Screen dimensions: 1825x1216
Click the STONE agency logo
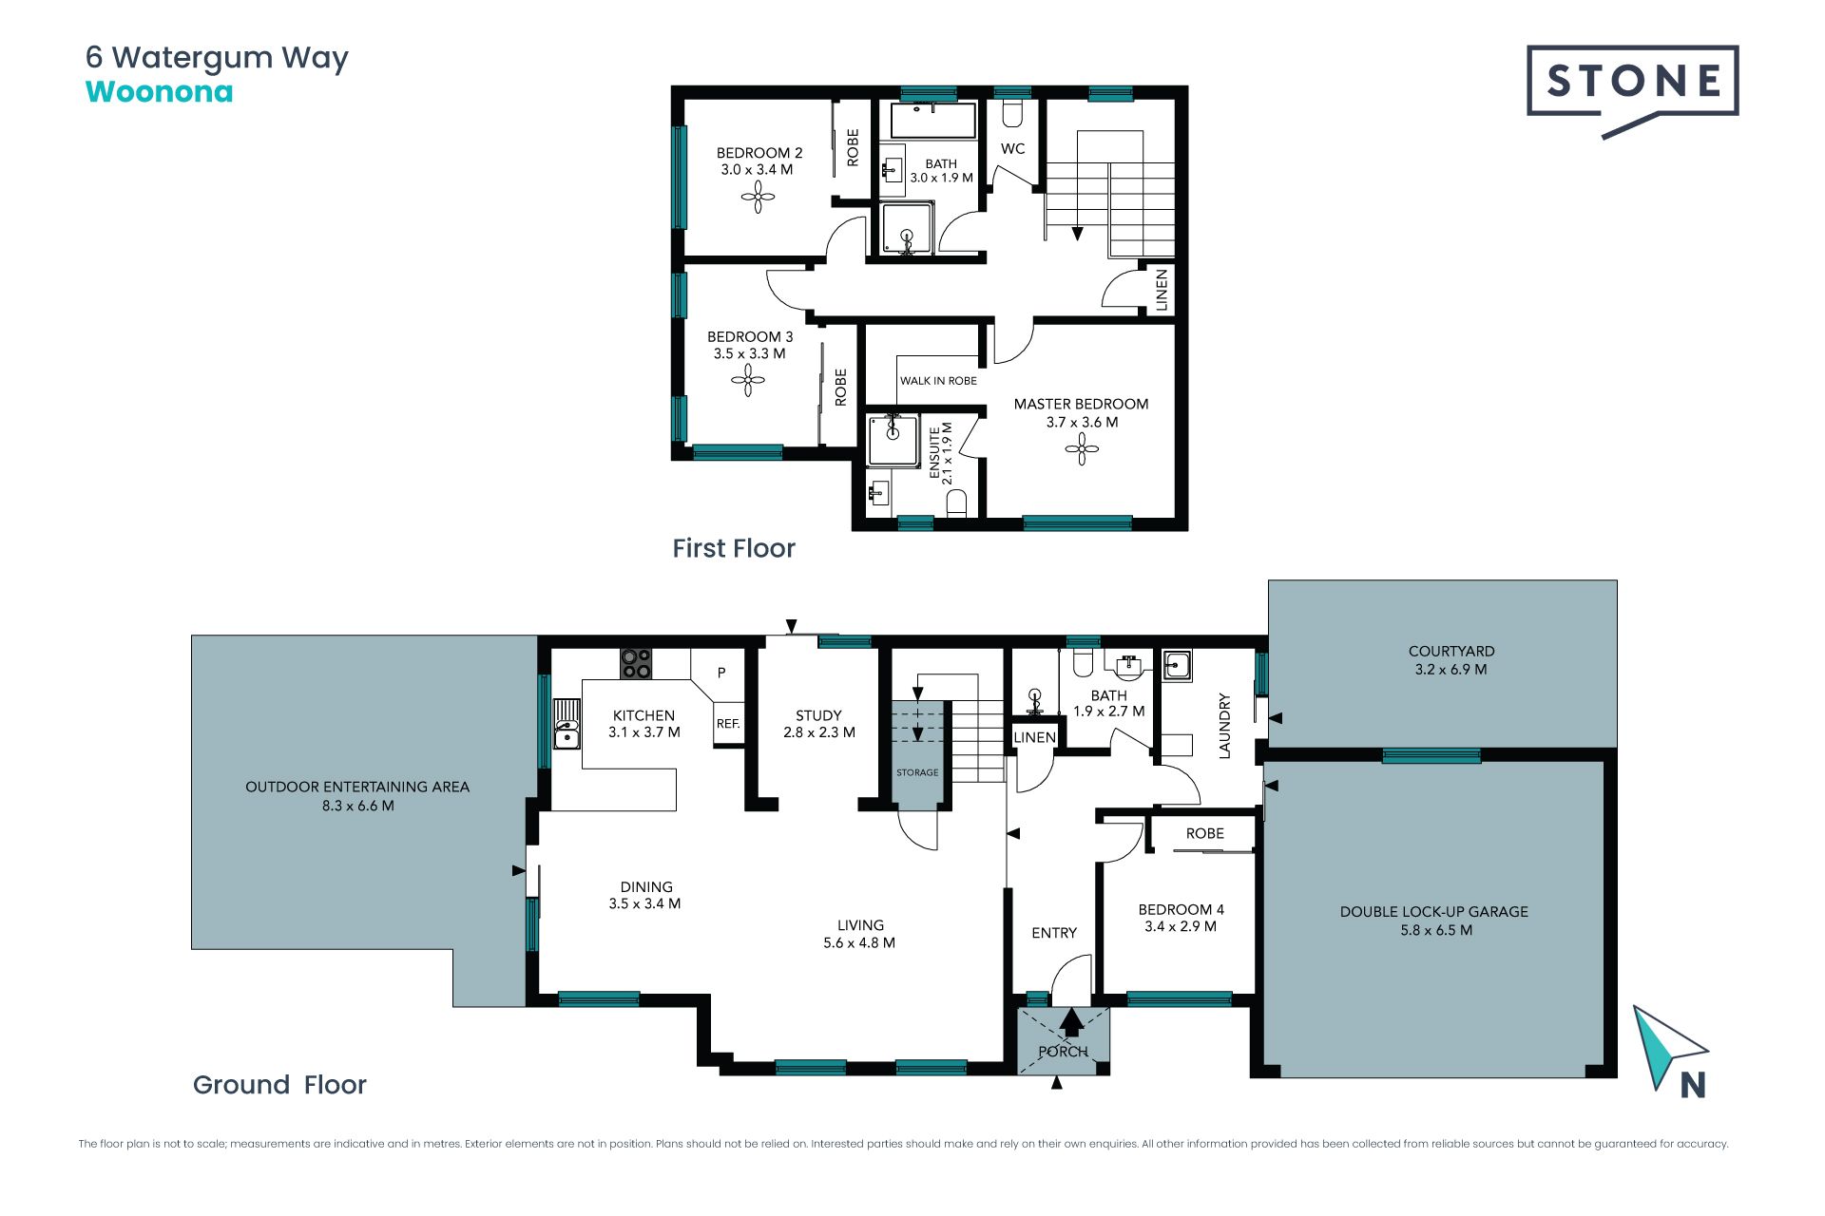pyautogui.click(x=1632, y=91)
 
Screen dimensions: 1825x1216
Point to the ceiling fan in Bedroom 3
pyautogui.click(x=748, y=381)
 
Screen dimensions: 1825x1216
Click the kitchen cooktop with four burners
pyautogui.click(x=636, y=663)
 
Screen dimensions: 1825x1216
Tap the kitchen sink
pyautogui.click(x=567, y=724)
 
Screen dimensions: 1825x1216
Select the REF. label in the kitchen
pyautogui.click(x=728, y=724)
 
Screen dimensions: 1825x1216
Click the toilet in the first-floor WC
pyautogui.click(x=1012, y=113)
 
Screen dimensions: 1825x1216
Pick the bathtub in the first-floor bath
pyautogui.click(x=933, y=121)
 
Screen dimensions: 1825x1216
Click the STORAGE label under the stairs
pyautogui.click(x=917, y=772)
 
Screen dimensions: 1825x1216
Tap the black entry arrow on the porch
pyautogui.click(x=1071, y=1022)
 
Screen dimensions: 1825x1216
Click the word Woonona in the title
pyautogui.click(x=159, y=92)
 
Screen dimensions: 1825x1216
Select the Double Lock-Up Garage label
pyautogui.click(x=1434, y=911)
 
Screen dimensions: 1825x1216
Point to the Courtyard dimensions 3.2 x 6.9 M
pyautogui.click(x=1451, y=669)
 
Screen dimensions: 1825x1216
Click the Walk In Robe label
pyautogui.click(x=938, y=381)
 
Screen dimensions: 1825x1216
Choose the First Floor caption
pyautogui.click(x=734, y=548)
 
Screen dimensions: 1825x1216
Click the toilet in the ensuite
pyautogui.click(x=957, y=503)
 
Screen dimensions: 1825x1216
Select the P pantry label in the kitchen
pyautogui.click(x=721, y=673)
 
